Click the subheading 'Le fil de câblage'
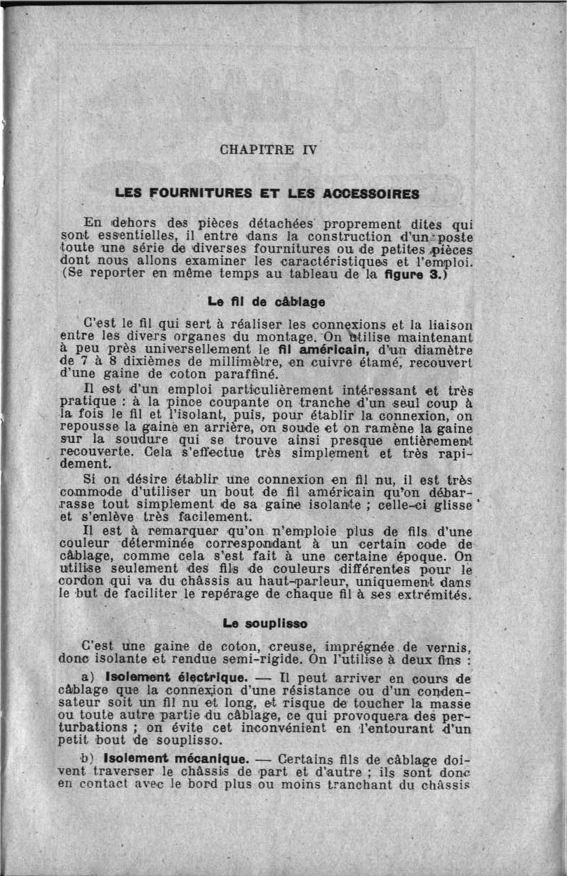tap(266, 302)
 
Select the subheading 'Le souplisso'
tap(265, 623)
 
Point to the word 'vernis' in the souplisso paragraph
tap(450, 646)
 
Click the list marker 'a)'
tap(88, 679)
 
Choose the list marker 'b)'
tap(87, 759)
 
